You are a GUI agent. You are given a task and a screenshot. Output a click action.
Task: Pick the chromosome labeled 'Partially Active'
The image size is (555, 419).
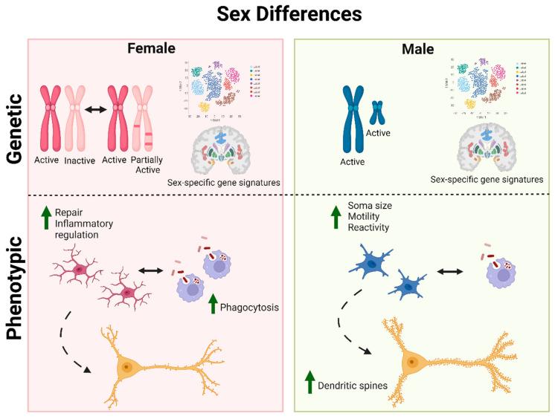click(x=144, y=119)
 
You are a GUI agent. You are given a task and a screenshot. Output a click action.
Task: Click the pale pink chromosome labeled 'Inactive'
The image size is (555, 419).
click(x=76, y=119)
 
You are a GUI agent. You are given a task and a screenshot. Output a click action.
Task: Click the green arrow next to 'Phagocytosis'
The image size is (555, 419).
click(x=214, y=304)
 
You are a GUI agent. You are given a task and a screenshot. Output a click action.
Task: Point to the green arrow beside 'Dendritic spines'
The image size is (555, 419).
click(x=311, y=382)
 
